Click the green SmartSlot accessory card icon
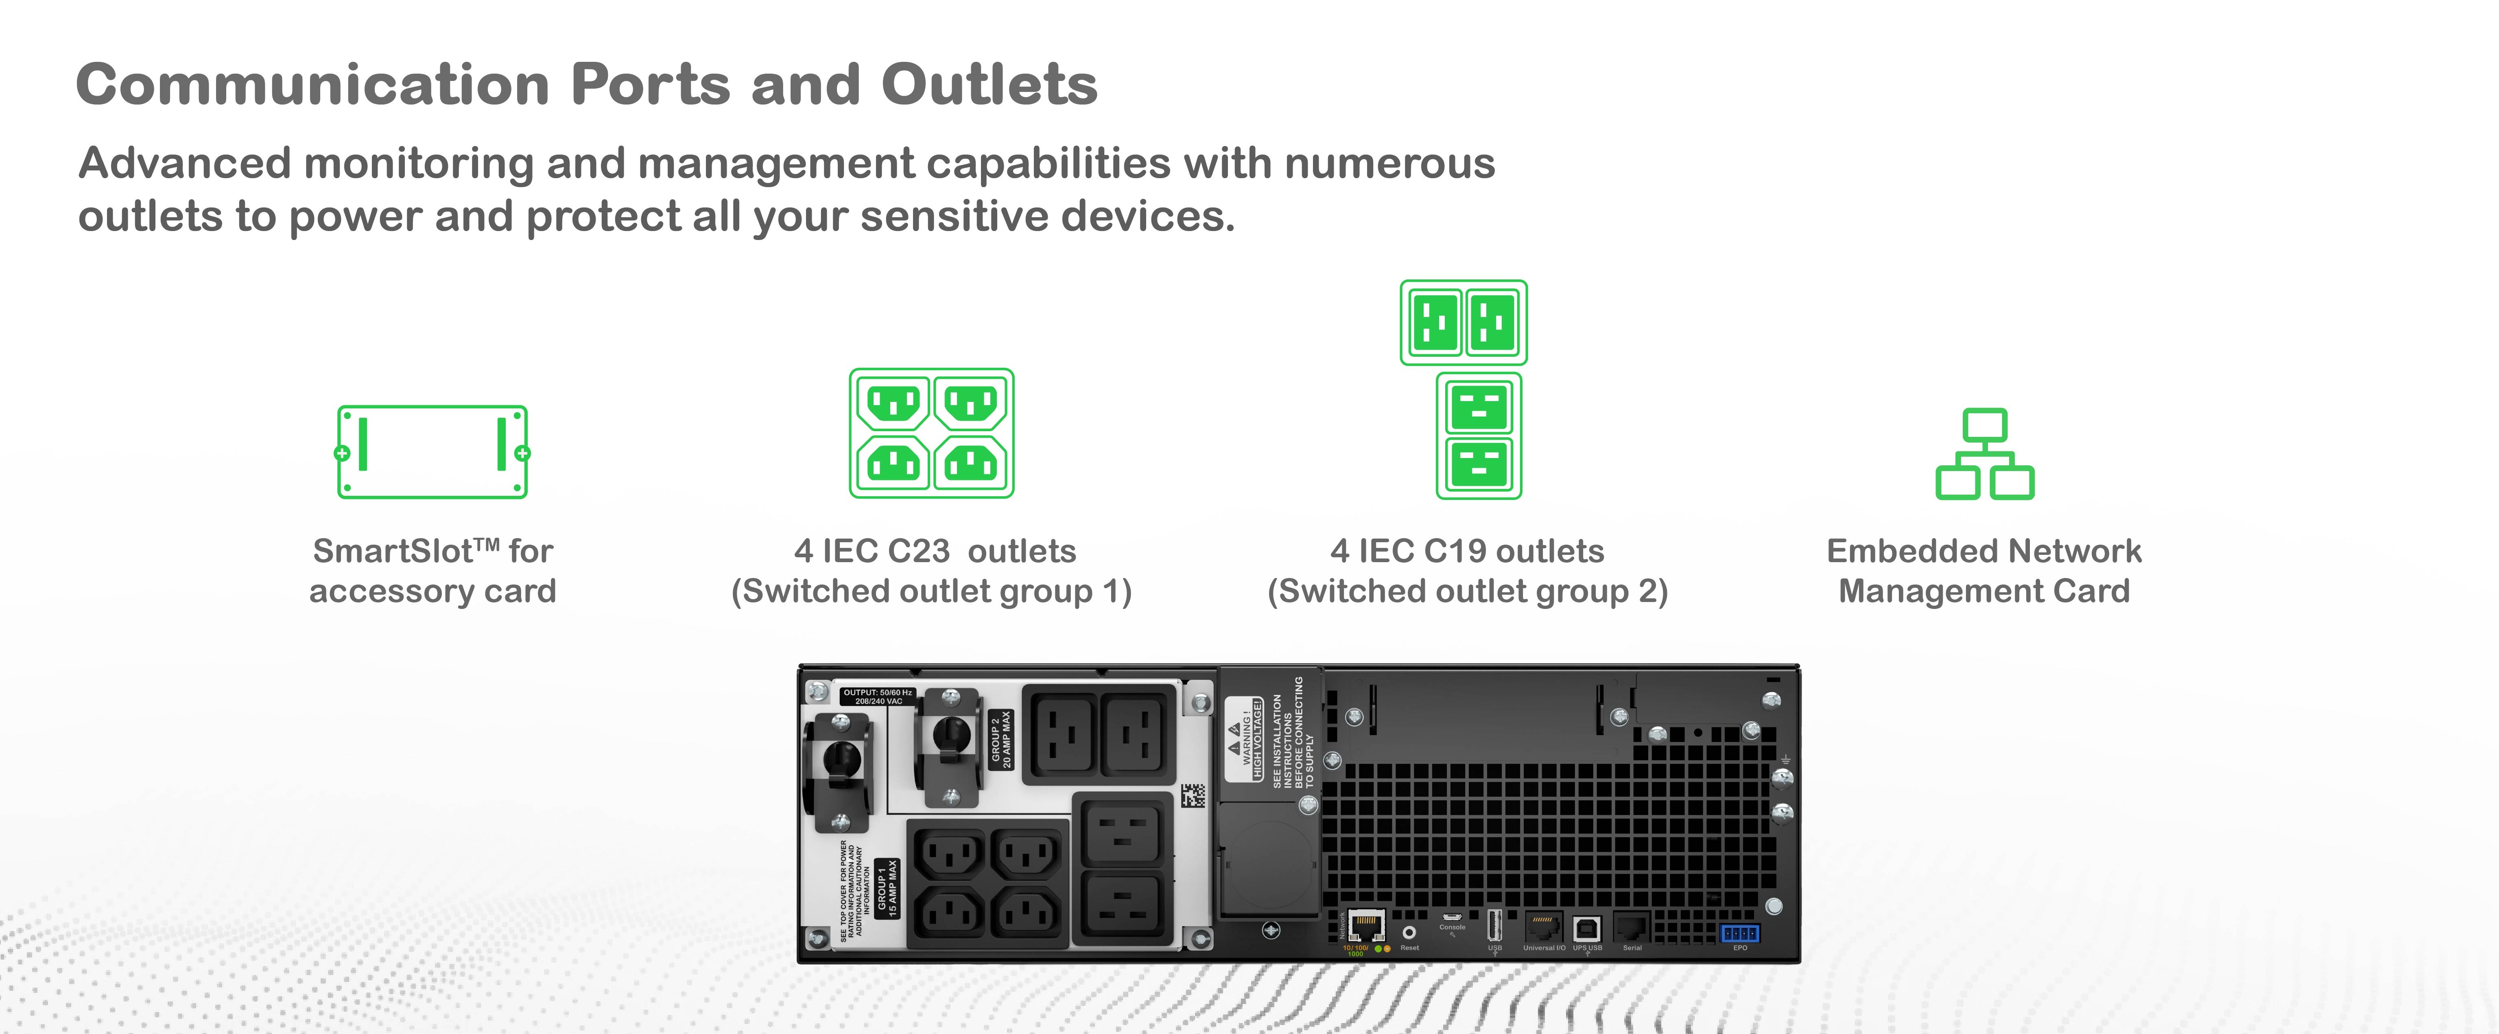[x=433, y=452]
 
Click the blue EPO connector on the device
[x=1739, y=933]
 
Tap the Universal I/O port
[x=1542, y=926]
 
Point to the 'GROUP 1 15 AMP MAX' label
[x=887, y=888]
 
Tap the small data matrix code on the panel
[x=1193, y=795]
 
